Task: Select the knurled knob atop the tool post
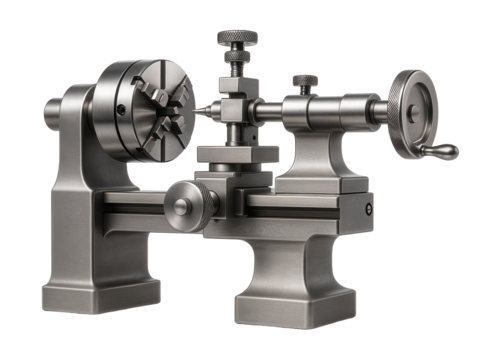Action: point(236,39)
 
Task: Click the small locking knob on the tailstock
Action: point(305,81)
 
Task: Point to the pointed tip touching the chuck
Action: point(203,111)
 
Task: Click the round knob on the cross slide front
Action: point(182,205)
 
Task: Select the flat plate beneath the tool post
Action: point(235,155)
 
